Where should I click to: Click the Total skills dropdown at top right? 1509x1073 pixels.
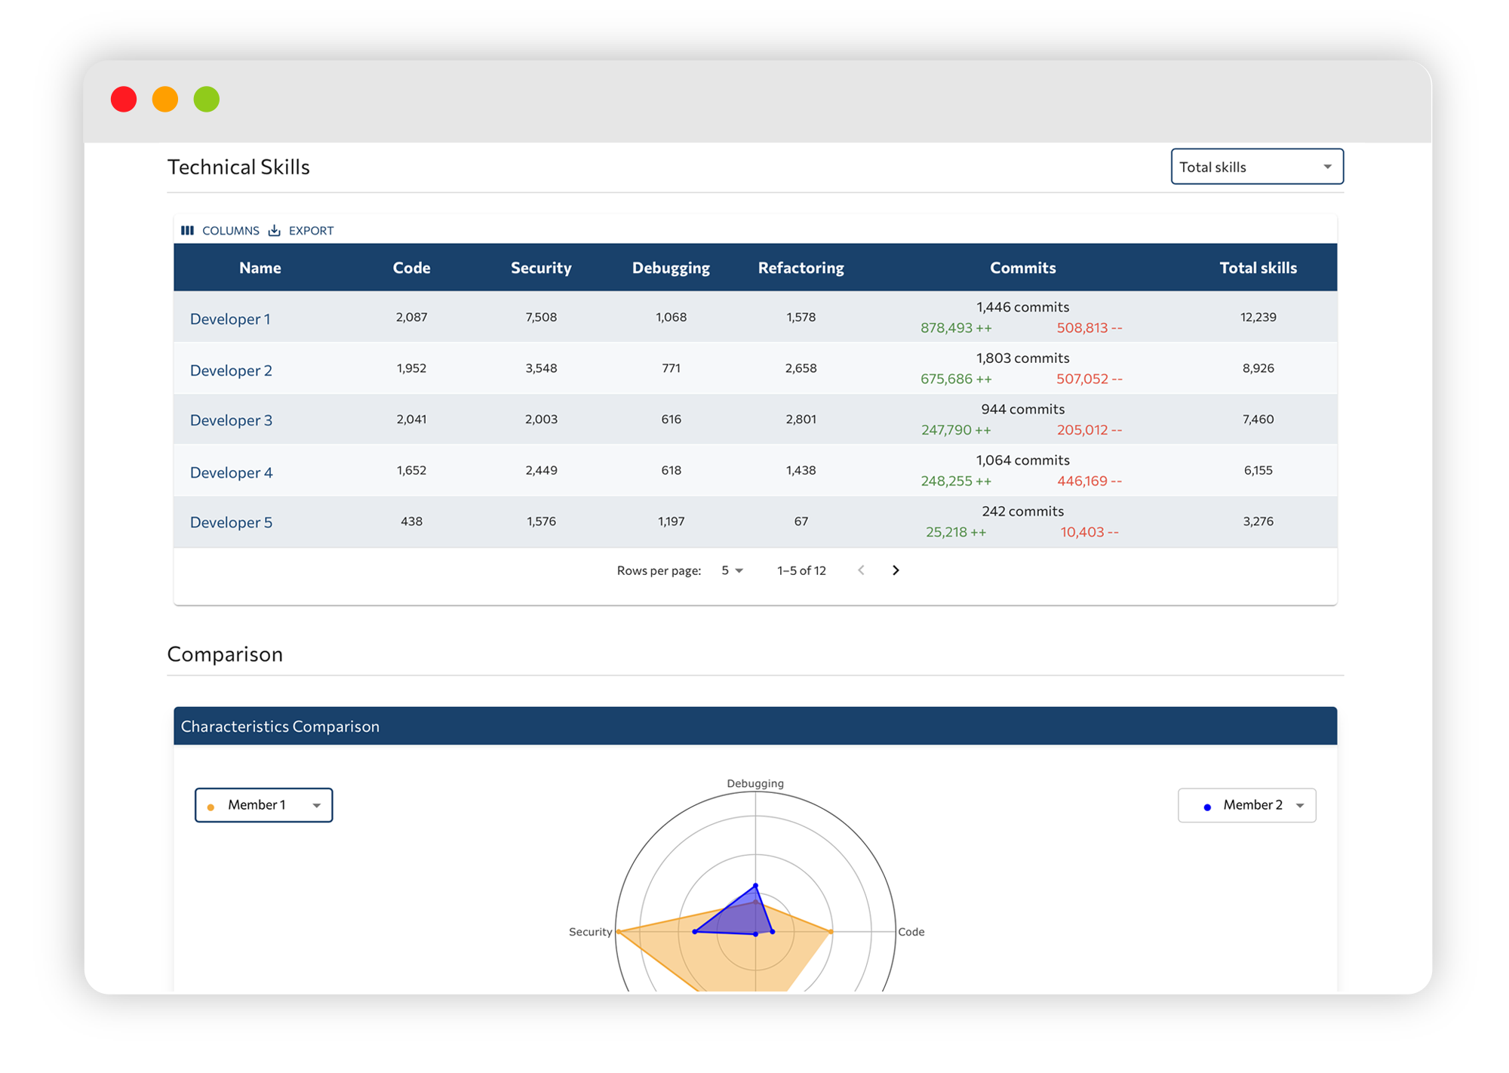pos(1256,167)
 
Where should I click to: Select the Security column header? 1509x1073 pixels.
pos(541,268)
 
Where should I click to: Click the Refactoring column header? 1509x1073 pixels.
pos(801,268)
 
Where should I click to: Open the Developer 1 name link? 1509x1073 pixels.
pos(230,319)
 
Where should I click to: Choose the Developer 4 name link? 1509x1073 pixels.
pos(231,473)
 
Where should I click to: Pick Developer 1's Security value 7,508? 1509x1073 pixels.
pos(541,318)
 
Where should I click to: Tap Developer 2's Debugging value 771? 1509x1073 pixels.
pos(671,368)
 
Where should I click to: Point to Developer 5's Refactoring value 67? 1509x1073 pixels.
pos(801,521)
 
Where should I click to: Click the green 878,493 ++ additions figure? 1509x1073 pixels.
pos(955,328)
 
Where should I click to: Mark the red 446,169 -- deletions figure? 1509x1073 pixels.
pos(1089,481)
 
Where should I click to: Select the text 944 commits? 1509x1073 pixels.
pos(1022,410)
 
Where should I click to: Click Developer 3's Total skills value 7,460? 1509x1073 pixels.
pos(1258,420)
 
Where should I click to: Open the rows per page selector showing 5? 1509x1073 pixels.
pos(732,570)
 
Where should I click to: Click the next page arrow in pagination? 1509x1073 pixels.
pos(896,570)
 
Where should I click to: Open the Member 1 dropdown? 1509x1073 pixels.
pos(263,805)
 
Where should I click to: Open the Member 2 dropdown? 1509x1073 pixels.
pos(1246,805)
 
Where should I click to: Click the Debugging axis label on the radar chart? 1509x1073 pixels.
pos(755,783)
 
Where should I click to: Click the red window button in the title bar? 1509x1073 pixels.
pos(124,100)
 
